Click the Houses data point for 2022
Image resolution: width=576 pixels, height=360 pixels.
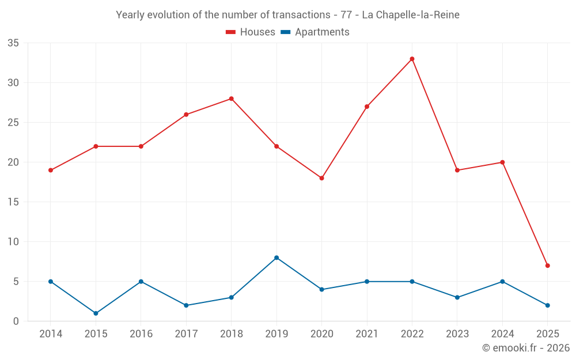tap(412, 59)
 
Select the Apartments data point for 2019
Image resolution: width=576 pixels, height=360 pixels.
tap(276, 257)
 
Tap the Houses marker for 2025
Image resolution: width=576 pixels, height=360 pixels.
tap(548, 266)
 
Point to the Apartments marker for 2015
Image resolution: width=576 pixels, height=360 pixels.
tap(96, 313)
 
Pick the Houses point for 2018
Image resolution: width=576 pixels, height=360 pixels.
tap(231, 98)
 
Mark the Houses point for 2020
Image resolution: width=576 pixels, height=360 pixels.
tap(321, 178)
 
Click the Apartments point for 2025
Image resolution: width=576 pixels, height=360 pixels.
tap(548, 305)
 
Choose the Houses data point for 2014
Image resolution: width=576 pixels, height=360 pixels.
tap(51, 170)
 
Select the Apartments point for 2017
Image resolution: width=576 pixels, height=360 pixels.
tap(186, 305)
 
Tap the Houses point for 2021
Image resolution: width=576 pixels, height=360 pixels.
tap(367, 107)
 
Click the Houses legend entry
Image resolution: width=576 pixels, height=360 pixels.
tap(251, 32)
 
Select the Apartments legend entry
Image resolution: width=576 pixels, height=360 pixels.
tap(315, 32)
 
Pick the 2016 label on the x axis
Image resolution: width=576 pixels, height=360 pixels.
tap(141, 334)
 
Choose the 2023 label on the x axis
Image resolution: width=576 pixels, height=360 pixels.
tap(457, 334)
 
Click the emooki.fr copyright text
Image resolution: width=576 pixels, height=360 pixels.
tap(525, 348)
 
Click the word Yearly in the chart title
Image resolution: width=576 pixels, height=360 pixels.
tap(131, 15)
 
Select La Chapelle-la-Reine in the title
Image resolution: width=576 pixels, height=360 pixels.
tap(411, 15)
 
